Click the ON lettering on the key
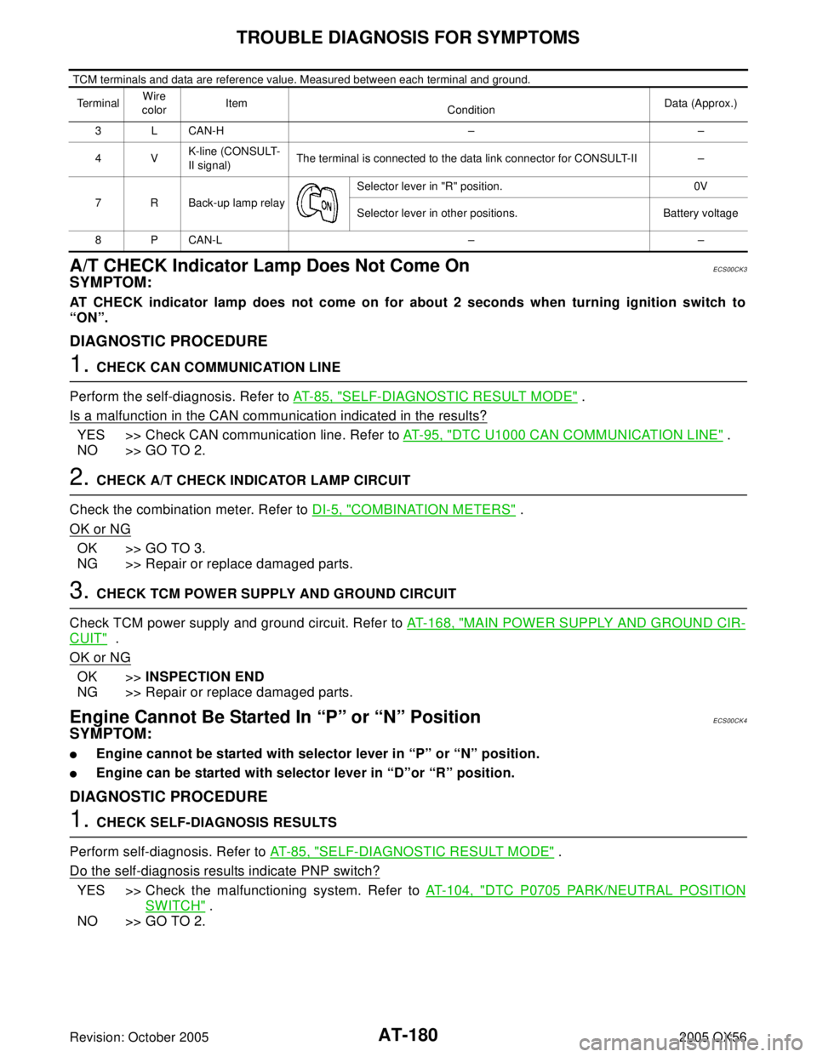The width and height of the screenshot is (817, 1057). coord(325,205)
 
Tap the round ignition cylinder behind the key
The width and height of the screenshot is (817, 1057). coord(306,201)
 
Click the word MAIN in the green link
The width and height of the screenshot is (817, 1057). coord(482,624)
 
